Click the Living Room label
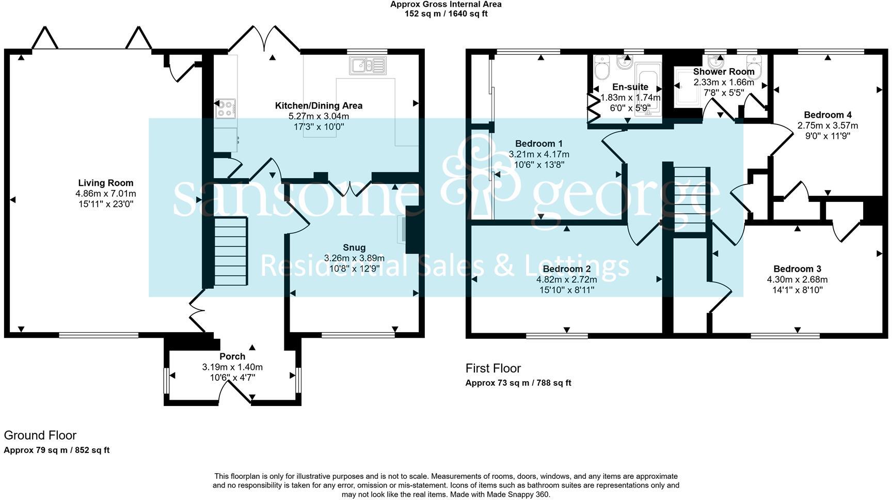tap(106, 183)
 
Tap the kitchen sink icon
tap(368, 66)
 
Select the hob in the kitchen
tap(226, 108)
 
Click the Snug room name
tap(354, 247)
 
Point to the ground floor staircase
tap(231, 252)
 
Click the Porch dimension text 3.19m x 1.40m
tap(232, 367)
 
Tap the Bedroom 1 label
tap(539, 144)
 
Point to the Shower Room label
tap(723, 72)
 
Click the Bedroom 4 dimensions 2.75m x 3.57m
tap(827, 126)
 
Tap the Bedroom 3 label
tap(797, 269)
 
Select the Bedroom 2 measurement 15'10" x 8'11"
tap(566, 290)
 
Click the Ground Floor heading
tap(40, 435)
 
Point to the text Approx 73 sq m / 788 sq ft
tap(518, 383)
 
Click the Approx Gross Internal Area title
tap(445, 5)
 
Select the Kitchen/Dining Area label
tap(318, 106)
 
